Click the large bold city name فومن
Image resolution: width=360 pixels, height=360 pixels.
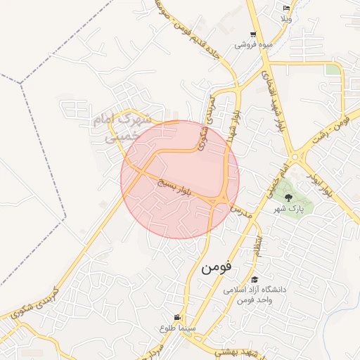pyautogui.click(x=217, y=268)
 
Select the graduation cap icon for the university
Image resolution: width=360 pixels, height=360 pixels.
pyautogui.click(x=254, y=279)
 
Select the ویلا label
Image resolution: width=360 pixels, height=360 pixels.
pyautogui.click(x=286, y=18)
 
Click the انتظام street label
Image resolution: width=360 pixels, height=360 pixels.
pyautogui.click(x=259, y=245)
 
